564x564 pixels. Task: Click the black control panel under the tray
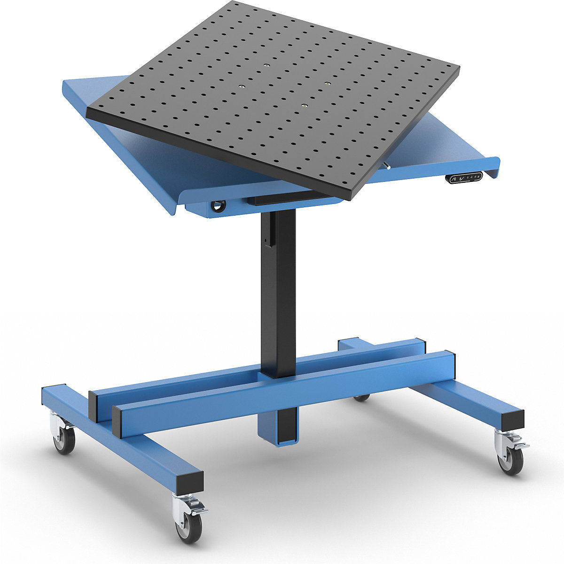(464, 178)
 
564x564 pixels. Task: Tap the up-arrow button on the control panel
(454, 179)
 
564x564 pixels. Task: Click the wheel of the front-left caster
(189, 527)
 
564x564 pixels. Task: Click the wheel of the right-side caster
(510, 461)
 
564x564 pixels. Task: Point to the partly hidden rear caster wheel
(361, 398)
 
